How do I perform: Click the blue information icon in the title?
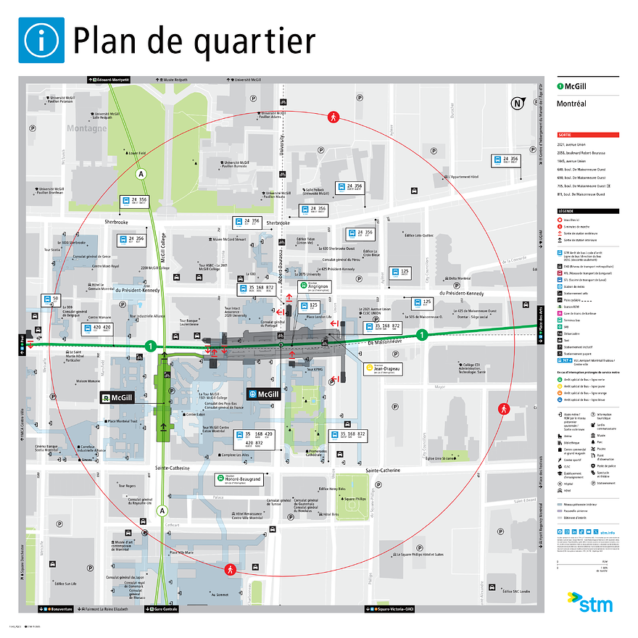click(41, 40)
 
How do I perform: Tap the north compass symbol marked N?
click(518, 103)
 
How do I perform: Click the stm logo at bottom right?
click(589, 602)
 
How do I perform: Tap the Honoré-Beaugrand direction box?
click(239, 480)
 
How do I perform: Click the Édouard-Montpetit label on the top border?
click(109, 79)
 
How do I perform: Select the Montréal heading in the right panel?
click(571, 104)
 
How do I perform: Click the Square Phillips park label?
click(354, 499)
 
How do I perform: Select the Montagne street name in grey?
click(87, 128)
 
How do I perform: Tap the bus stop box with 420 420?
click(97, 329)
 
